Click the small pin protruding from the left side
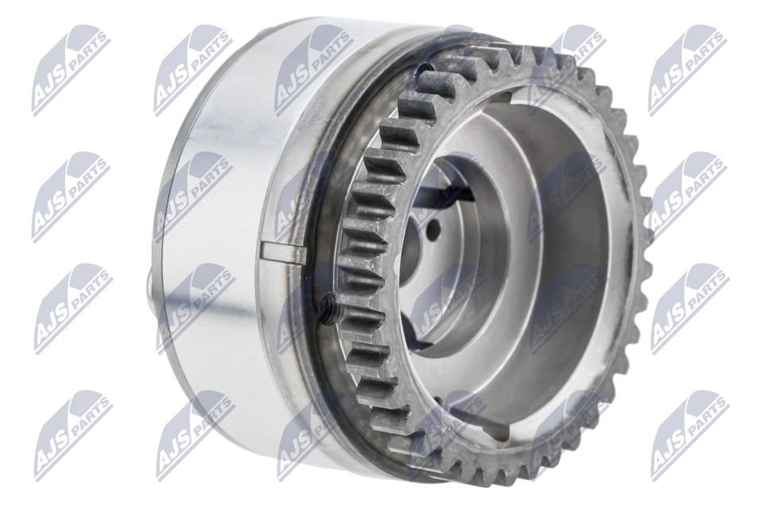click(151, 282)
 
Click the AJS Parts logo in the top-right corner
click(687, 70)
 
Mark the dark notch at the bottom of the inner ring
click(492, 433)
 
